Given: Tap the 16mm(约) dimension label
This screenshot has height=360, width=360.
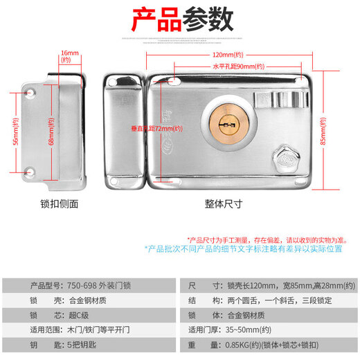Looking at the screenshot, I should pos(69,56).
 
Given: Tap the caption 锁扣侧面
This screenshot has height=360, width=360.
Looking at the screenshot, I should pos(60,204).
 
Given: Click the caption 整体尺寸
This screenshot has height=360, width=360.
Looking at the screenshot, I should pos(223,204).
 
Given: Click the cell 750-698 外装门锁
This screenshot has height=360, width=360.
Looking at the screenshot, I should pos(101,285).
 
